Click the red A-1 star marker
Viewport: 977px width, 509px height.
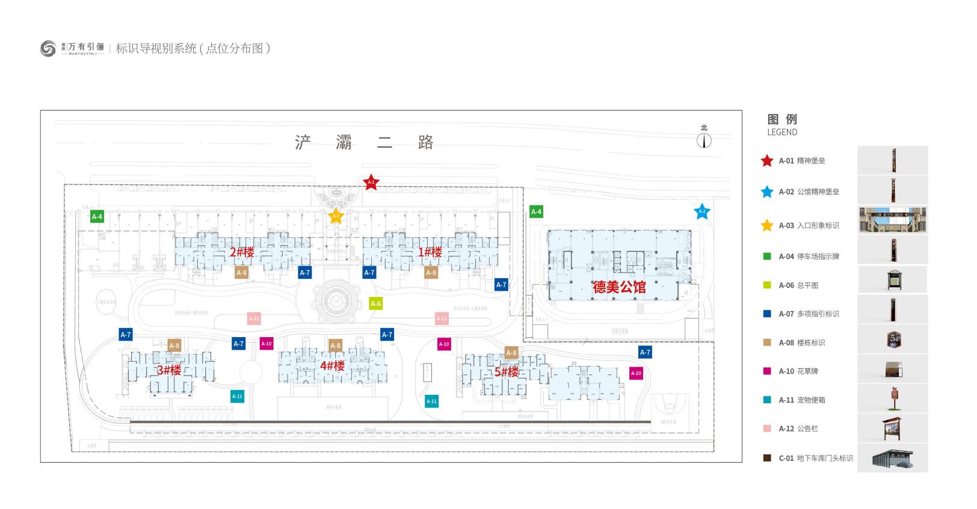371,182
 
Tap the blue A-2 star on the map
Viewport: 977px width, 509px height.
701,212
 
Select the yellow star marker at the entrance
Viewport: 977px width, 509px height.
336,216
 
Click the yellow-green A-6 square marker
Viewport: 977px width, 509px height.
376,304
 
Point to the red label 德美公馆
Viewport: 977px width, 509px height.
619,287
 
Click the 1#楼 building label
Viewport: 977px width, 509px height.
430,252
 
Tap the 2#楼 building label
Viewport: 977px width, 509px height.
242,252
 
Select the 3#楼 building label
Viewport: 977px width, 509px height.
169,370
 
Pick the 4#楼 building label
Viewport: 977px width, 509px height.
332,366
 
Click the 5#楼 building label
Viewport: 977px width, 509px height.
507,372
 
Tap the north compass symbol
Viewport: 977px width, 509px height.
704,141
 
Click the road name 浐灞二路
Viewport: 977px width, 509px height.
364,142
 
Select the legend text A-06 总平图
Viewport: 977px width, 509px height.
798,285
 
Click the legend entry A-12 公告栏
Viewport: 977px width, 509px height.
798,428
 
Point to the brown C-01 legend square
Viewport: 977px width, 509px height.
767,458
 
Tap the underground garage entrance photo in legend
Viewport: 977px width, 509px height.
892,458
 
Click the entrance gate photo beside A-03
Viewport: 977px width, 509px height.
892,221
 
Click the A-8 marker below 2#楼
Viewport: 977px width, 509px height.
241,273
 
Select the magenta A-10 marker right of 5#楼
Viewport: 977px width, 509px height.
636,373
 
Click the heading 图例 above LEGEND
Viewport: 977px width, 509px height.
782,119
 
